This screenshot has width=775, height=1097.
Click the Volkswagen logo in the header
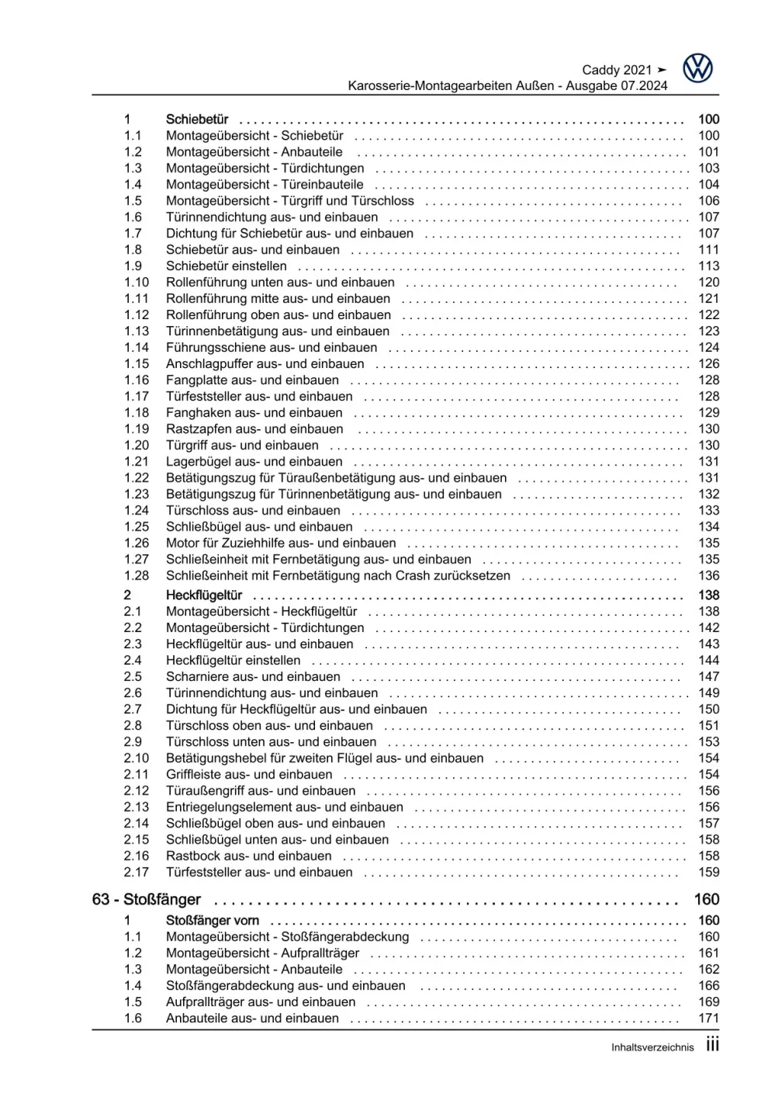point(697,68)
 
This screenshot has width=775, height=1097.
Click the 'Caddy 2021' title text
point(617,70)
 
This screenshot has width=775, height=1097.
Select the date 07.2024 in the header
point(643,86)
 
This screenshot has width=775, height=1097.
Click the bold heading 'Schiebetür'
point(197,120)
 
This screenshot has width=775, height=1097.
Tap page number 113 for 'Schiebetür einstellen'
point(708,266)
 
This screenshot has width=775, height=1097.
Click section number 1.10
point(137,283)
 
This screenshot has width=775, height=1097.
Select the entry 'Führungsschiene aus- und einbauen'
point(272,348)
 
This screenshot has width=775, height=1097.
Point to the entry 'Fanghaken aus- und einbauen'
point(254,413)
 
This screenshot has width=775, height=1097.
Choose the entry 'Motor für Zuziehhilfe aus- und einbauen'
point(281,543)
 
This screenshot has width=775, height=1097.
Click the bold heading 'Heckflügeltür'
point(204,595)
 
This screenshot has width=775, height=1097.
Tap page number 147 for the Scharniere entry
point(708,677)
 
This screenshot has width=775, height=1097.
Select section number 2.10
point(137,759)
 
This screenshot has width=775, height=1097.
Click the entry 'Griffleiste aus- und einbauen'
point(249,775)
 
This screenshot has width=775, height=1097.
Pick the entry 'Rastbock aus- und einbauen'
point(248,856)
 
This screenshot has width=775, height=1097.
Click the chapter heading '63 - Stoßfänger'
point(147,900)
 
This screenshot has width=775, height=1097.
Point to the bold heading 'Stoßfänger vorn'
point(213,921)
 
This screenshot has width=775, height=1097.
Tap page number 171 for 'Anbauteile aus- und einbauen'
point(708,1019)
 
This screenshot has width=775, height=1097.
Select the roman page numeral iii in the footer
point(712,1045)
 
